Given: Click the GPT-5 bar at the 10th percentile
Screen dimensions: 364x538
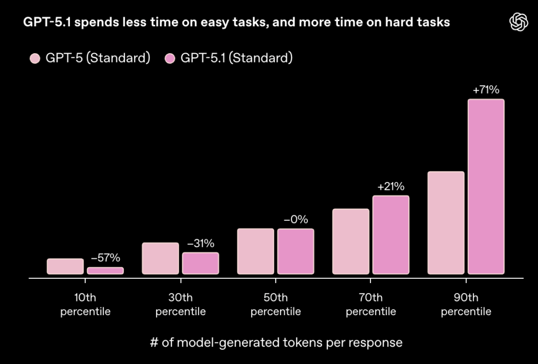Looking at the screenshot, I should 65,266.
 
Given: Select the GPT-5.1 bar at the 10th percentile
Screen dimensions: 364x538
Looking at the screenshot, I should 106,270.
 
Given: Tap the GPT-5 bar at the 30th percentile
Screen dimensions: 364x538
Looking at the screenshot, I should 160,258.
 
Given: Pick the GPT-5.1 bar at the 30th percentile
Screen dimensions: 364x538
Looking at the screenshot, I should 201,263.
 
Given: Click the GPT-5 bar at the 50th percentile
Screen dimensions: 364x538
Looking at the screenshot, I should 255,251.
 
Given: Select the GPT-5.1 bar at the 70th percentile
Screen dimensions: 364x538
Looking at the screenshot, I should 391,235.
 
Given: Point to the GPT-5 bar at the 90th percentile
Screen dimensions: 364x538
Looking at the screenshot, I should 446,223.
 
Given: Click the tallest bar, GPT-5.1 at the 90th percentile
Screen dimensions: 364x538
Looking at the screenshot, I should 486,187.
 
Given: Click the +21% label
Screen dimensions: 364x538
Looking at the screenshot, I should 391,187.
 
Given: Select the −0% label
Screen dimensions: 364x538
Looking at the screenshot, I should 296,220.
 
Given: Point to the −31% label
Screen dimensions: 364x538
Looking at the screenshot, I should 201,244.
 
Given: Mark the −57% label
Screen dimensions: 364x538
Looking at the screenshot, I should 106,258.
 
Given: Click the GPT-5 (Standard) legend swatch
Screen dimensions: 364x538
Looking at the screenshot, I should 36,58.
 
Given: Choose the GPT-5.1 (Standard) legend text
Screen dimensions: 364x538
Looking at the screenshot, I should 236,58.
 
